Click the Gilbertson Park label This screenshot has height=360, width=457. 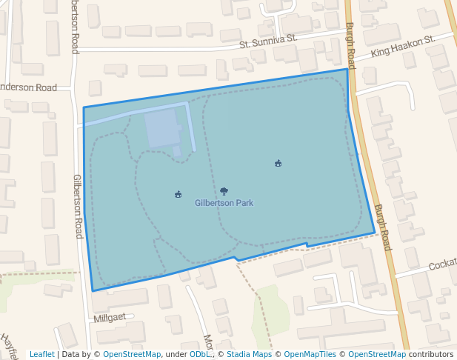coord(224,202)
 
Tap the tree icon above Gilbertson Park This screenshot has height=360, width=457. coord(224,191)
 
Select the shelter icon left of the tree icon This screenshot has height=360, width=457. coord(178,195)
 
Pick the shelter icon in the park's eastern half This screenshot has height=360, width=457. coord(278,163)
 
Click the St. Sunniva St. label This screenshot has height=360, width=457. coord(268,43)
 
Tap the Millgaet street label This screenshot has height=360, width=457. coord(110,317)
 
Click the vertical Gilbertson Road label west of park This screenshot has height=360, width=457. coord(77,206)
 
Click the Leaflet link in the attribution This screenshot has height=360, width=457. coord(41,354)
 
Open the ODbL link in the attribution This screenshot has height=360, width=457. coord(199,354)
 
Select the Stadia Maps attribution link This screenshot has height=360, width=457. coord(249,354)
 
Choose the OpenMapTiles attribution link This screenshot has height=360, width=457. coord(310,354)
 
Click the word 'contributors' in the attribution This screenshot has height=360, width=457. coord(430,354)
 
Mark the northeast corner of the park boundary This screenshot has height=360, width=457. coord(347,70)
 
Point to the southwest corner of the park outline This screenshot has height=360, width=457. coord(93,290)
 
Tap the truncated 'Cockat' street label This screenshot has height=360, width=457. coord(442,264)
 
